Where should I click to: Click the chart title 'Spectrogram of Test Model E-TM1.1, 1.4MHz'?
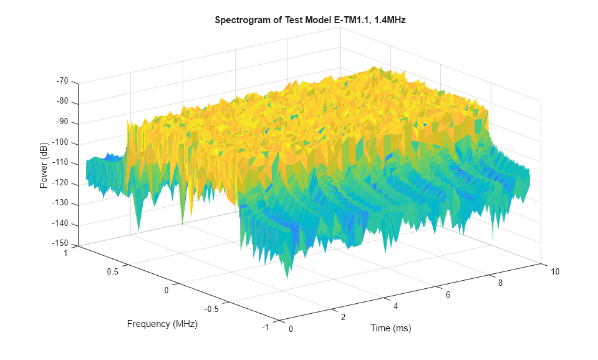(x=310, y=20)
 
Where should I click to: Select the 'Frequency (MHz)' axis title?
(x=162, y=324)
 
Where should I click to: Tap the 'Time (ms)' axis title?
(x=390, y=328)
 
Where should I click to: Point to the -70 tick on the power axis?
(x=62, y=82)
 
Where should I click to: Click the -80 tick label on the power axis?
(x=62, y=102)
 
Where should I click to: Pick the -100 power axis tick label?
(x=61, y=143)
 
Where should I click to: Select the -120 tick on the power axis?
(x=61, y=183)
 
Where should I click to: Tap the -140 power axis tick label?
(x=61, y=224)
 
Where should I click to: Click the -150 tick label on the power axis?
(x=61, y=244)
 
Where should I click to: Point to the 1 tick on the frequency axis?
(x=65, y=253)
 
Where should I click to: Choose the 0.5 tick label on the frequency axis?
(x=112, y=272)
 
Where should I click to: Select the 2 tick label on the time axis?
(x=342, y=318)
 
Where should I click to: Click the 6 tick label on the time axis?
(x=448, y=294)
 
